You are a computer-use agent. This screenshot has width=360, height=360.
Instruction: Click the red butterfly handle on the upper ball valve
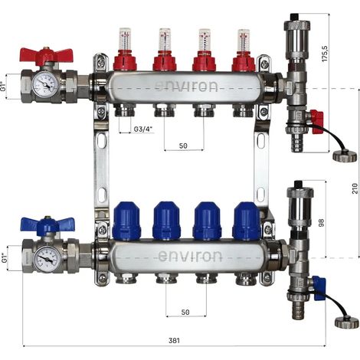tap(46, 55)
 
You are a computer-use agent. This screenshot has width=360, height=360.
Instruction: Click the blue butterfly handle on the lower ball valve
tap(47, 225)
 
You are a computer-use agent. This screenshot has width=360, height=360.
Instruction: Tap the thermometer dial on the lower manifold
tap(47, 260)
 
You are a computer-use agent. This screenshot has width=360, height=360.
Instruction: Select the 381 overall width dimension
tap(174, 340)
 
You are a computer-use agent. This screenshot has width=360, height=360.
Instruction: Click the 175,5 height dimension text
tap(325, 53)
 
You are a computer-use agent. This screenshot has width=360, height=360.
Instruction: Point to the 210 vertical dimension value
tap(355, 188)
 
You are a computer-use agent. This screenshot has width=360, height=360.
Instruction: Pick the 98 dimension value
tap(321, 222)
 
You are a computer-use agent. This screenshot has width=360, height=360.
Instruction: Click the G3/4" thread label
tap(142, 129)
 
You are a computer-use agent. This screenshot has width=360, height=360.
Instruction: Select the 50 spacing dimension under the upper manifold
tap(183, 146)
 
